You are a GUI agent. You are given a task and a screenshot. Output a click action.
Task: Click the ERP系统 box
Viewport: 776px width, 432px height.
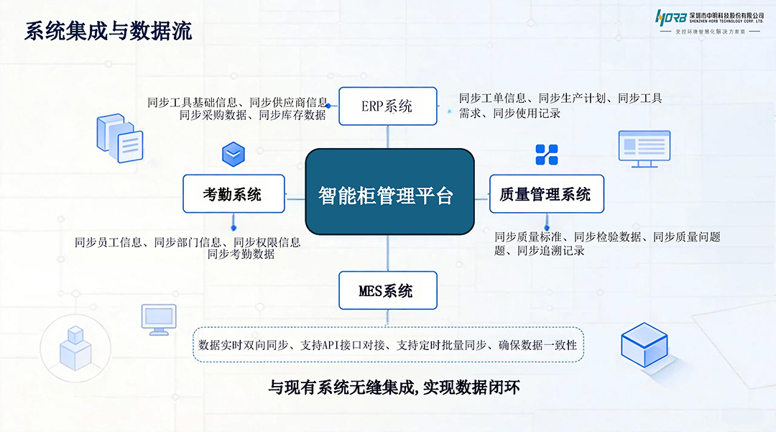point(387,106)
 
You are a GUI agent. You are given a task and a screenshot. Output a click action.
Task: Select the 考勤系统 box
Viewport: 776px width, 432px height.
point(234,193)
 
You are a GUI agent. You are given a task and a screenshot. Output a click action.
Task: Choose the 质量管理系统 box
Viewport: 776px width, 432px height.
point(546,193)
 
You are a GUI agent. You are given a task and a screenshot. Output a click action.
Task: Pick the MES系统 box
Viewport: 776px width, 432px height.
point(387,290)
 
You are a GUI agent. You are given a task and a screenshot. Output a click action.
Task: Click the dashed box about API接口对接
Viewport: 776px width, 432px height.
point(388,345)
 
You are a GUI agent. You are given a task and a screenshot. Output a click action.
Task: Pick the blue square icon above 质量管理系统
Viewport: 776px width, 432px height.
point(546,155)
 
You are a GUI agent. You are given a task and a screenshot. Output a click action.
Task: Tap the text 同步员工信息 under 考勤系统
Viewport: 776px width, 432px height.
point(108,242)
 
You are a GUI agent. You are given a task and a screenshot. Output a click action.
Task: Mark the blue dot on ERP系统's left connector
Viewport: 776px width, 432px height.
point(328,106)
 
